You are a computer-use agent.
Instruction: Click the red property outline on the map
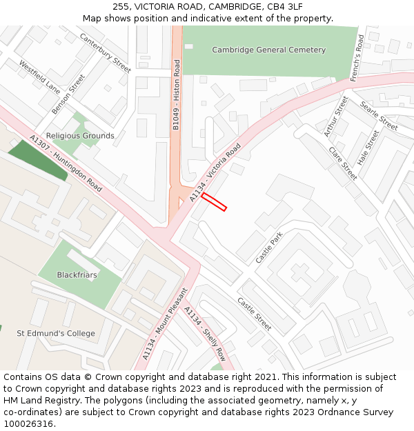(214, 201)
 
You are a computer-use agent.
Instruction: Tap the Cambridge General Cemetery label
(268, 50)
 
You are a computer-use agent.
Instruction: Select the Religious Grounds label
(80, 136)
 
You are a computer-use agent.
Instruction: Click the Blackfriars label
(77, 274)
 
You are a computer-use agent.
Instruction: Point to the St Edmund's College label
(56, 334)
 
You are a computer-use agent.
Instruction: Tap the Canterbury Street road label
(105, 53)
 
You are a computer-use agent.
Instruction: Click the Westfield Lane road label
(39, 78)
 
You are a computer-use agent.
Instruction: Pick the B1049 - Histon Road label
(177, 95)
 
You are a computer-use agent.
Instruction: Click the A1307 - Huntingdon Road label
(66, 163)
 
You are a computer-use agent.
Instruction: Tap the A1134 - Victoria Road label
(215, 173)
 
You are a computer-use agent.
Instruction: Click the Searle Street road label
(379, 115)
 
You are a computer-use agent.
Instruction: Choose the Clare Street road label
(343, 163)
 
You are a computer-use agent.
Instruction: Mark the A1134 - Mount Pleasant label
(165, 324)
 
